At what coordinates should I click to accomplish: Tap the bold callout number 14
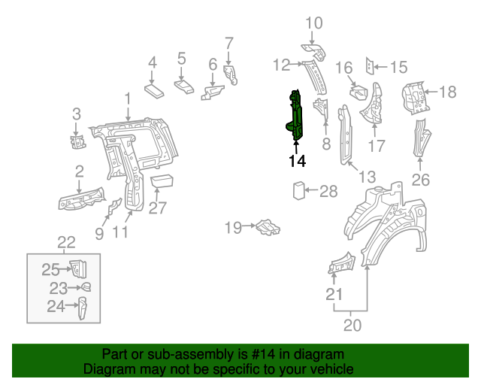(296, 161)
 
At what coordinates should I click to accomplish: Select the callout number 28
(328, 192)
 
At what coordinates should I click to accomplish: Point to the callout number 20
(352, 325)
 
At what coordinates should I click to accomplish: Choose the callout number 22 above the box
(67, 242)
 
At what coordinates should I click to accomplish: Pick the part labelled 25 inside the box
(77, 268)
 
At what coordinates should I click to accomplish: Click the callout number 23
(59, 287)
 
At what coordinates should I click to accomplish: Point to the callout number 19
(233, 226)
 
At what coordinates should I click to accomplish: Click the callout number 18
(447, 92)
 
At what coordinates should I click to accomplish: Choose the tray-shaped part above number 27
(162, 180)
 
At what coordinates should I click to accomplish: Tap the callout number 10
(313, 23)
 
